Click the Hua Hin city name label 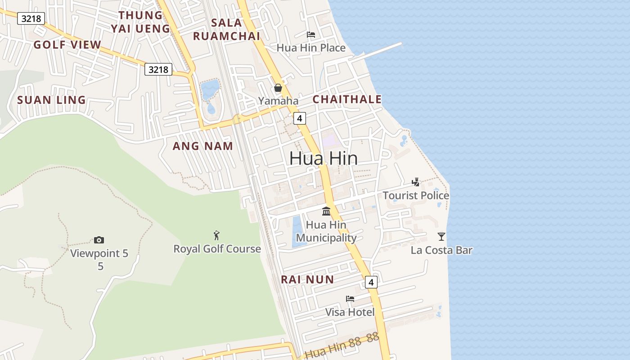[x=323, y=158]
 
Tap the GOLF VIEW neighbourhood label [x=67, y=45]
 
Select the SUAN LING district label [x=51, y=100]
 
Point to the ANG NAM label [x=203, y=146]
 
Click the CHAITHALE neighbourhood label [x=347, y=99]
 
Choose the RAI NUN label [x=307, y=279]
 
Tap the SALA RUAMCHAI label [x=227, y=29]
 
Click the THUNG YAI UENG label [x=140, y=22]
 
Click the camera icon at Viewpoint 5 [x=99, y=240]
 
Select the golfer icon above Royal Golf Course [x=216, y=235]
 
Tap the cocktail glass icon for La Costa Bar [x=441, y=236]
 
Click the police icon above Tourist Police [x=416, y=182]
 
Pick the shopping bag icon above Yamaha [x=278, y=88]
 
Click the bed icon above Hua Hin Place [x=310, y=35]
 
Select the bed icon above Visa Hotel [x=350, y=298]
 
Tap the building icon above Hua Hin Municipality [x=326, y=211]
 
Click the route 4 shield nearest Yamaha [x=299, y=118]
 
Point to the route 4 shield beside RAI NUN [x=370, y=282]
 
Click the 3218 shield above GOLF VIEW [x=31, y=18]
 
